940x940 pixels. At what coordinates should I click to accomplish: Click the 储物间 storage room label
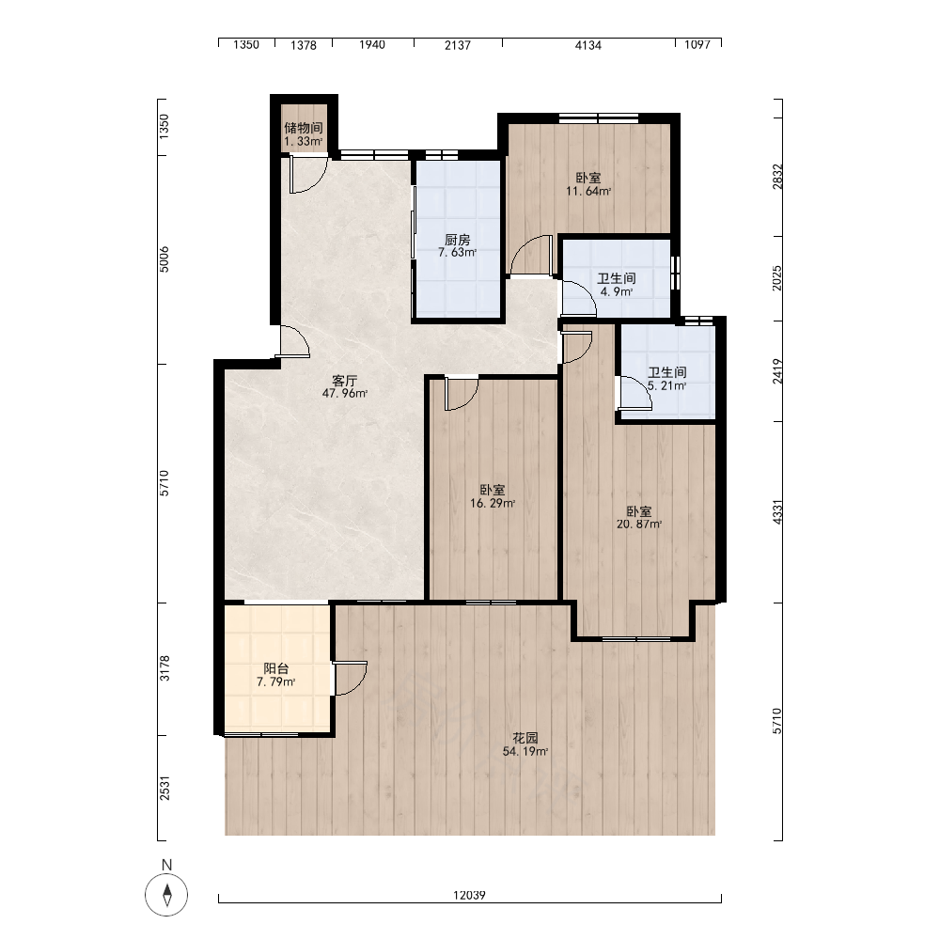[x=304, y=128]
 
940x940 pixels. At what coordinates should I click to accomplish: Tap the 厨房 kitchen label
[x=458, y=240]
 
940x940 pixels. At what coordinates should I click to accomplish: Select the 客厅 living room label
[x=345, y=381]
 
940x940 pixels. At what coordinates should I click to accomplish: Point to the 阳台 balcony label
[x=275, y=668]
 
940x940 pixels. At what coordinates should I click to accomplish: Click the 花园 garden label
[x=525, y=738]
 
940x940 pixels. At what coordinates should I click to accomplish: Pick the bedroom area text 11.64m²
[x=588, y=192]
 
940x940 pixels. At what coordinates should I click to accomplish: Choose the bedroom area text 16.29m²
[x=493, y=504]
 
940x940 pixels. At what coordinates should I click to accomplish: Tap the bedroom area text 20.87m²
[x=639, y=525]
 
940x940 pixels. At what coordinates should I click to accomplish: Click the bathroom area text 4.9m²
[x=617, y=292]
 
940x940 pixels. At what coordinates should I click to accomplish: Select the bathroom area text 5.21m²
[x=666, y=386]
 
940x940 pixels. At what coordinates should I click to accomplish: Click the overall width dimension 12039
[x=469, y=895]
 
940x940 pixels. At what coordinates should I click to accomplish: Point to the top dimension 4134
[x=588, y=45]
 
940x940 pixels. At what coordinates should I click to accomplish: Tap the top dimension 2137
[x=458, y=45]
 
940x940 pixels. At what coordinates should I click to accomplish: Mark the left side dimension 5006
[x=164, y=259]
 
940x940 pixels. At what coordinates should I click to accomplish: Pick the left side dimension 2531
[x=164, y=788]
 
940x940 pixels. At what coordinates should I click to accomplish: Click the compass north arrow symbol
[x=167, y=895]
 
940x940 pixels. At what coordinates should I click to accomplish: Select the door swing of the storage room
[x=308, y=175]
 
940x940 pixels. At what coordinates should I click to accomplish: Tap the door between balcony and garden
[x=350, y=678]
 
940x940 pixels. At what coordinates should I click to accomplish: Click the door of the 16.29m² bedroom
[x=462, y=393]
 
